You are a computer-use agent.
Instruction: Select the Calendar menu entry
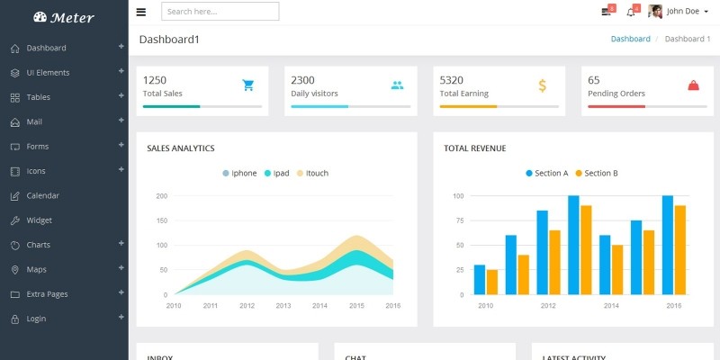click(x=42, y=195)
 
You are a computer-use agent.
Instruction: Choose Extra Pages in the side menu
click(x=47, y=294)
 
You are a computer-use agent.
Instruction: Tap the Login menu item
click(x=36, y=319)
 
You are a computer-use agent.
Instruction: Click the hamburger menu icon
click(x=141, y=12)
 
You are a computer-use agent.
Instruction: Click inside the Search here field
click(x=220, y=12)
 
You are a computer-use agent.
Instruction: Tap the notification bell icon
click(x=632, y=12)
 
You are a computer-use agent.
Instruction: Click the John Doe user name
click(x=682, y=12)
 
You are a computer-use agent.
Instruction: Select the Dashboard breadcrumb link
click(x=630, y=40)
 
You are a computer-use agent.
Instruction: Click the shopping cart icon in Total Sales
click(x=248, y=85)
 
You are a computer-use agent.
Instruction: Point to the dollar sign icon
click(x=542, y=85)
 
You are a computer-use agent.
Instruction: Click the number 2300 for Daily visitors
click(x=302, y=80)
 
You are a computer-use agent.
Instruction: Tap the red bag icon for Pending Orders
click(x=693, y=85)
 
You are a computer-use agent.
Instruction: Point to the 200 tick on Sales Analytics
click(x=162, y=195)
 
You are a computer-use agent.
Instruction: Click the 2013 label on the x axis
click(x=283, y=306)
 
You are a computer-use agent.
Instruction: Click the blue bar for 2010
click(x=480, y=279)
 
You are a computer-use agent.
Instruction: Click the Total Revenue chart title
click(x=474, y=148)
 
